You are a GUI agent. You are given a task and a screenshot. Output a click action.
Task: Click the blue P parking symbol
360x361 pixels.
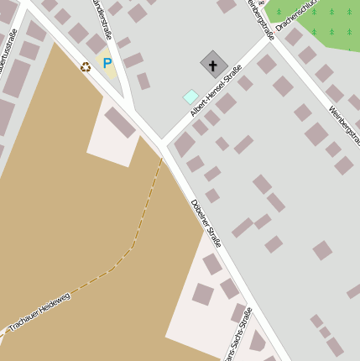[x=107, y=63]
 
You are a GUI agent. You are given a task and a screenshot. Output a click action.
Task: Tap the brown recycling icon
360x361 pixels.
[x=86, y=67]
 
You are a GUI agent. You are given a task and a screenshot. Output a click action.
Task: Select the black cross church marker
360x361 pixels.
[x=214, y=64]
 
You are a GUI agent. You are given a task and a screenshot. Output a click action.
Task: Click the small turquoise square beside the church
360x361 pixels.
[x=190, y=97]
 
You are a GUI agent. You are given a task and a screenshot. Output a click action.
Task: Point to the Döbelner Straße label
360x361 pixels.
[x=206, y=222]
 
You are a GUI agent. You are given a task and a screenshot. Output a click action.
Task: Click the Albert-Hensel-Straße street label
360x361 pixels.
[x=216, y=90]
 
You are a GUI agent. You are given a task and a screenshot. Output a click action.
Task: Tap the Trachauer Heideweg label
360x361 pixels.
[x=39, y=311]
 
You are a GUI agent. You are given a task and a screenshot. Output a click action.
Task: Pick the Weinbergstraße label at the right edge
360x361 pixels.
[x=345, y=126]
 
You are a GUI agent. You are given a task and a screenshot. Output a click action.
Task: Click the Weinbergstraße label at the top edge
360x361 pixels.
[x=261, y=18]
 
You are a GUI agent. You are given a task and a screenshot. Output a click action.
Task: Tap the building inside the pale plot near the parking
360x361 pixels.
[x=119, y=123]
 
